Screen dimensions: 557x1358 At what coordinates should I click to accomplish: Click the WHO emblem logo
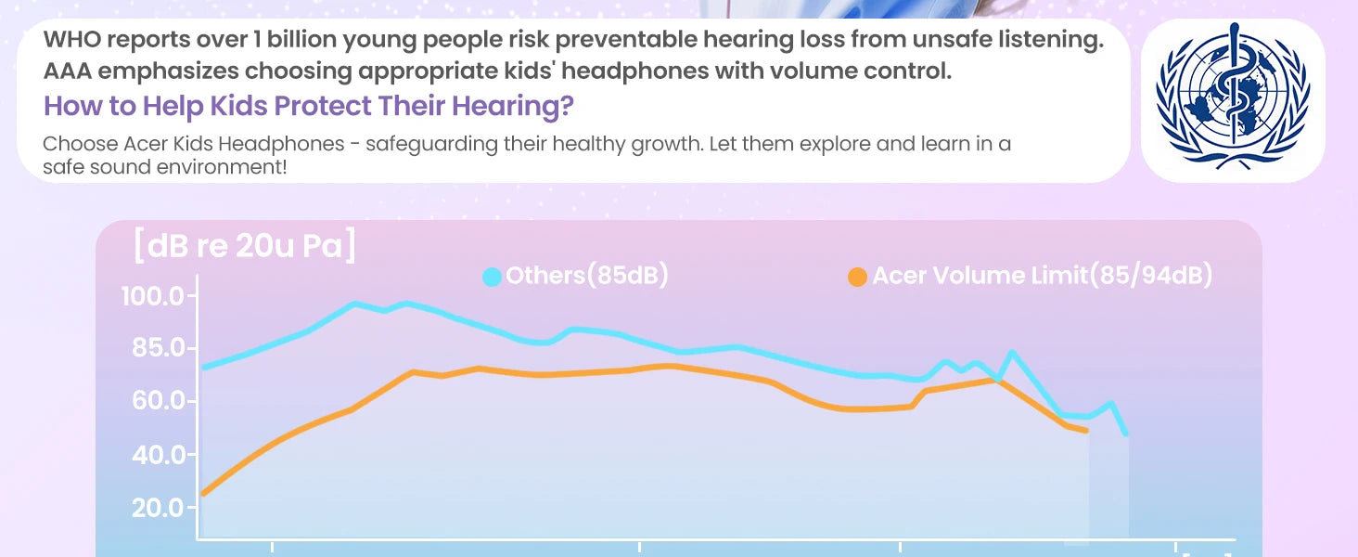point(1232,100)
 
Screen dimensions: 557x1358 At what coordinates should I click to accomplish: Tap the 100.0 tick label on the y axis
point(154,297)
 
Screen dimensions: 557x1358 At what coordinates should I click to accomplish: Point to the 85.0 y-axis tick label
point(154,349)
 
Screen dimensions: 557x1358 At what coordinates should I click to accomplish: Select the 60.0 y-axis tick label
point(154,402)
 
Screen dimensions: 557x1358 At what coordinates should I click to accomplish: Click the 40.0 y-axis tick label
point(154,455)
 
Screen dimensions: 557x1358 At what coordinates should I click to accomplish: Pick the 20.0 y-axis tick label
point(154,508)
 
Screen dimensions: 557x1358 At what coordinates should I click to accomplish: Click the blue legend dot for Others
point(493,277)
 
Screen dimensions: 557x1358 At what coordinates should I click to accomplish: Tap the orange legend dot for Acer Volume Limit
point(858,277)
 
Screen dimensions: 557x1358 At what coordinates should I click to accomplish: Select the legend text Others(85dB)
point(587,276)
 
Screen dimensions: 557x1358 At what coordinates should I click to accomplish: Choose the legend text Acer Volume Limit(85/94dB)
point(1043,276)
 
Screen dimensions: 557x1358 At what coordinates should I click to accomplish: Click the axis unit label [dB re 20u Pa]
point(245,248)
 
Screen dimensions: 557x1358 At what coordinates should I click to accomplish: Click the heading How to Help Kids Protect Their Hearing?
point(309,106)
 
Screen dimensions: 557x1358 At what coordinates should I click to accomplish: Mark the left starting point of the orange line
point(203,494)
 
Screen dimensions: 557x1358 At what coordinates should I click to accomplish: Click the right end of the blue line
point(1126,434)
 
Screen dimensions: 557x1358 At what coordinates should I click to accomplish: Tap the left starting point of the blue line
point(203,368)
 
